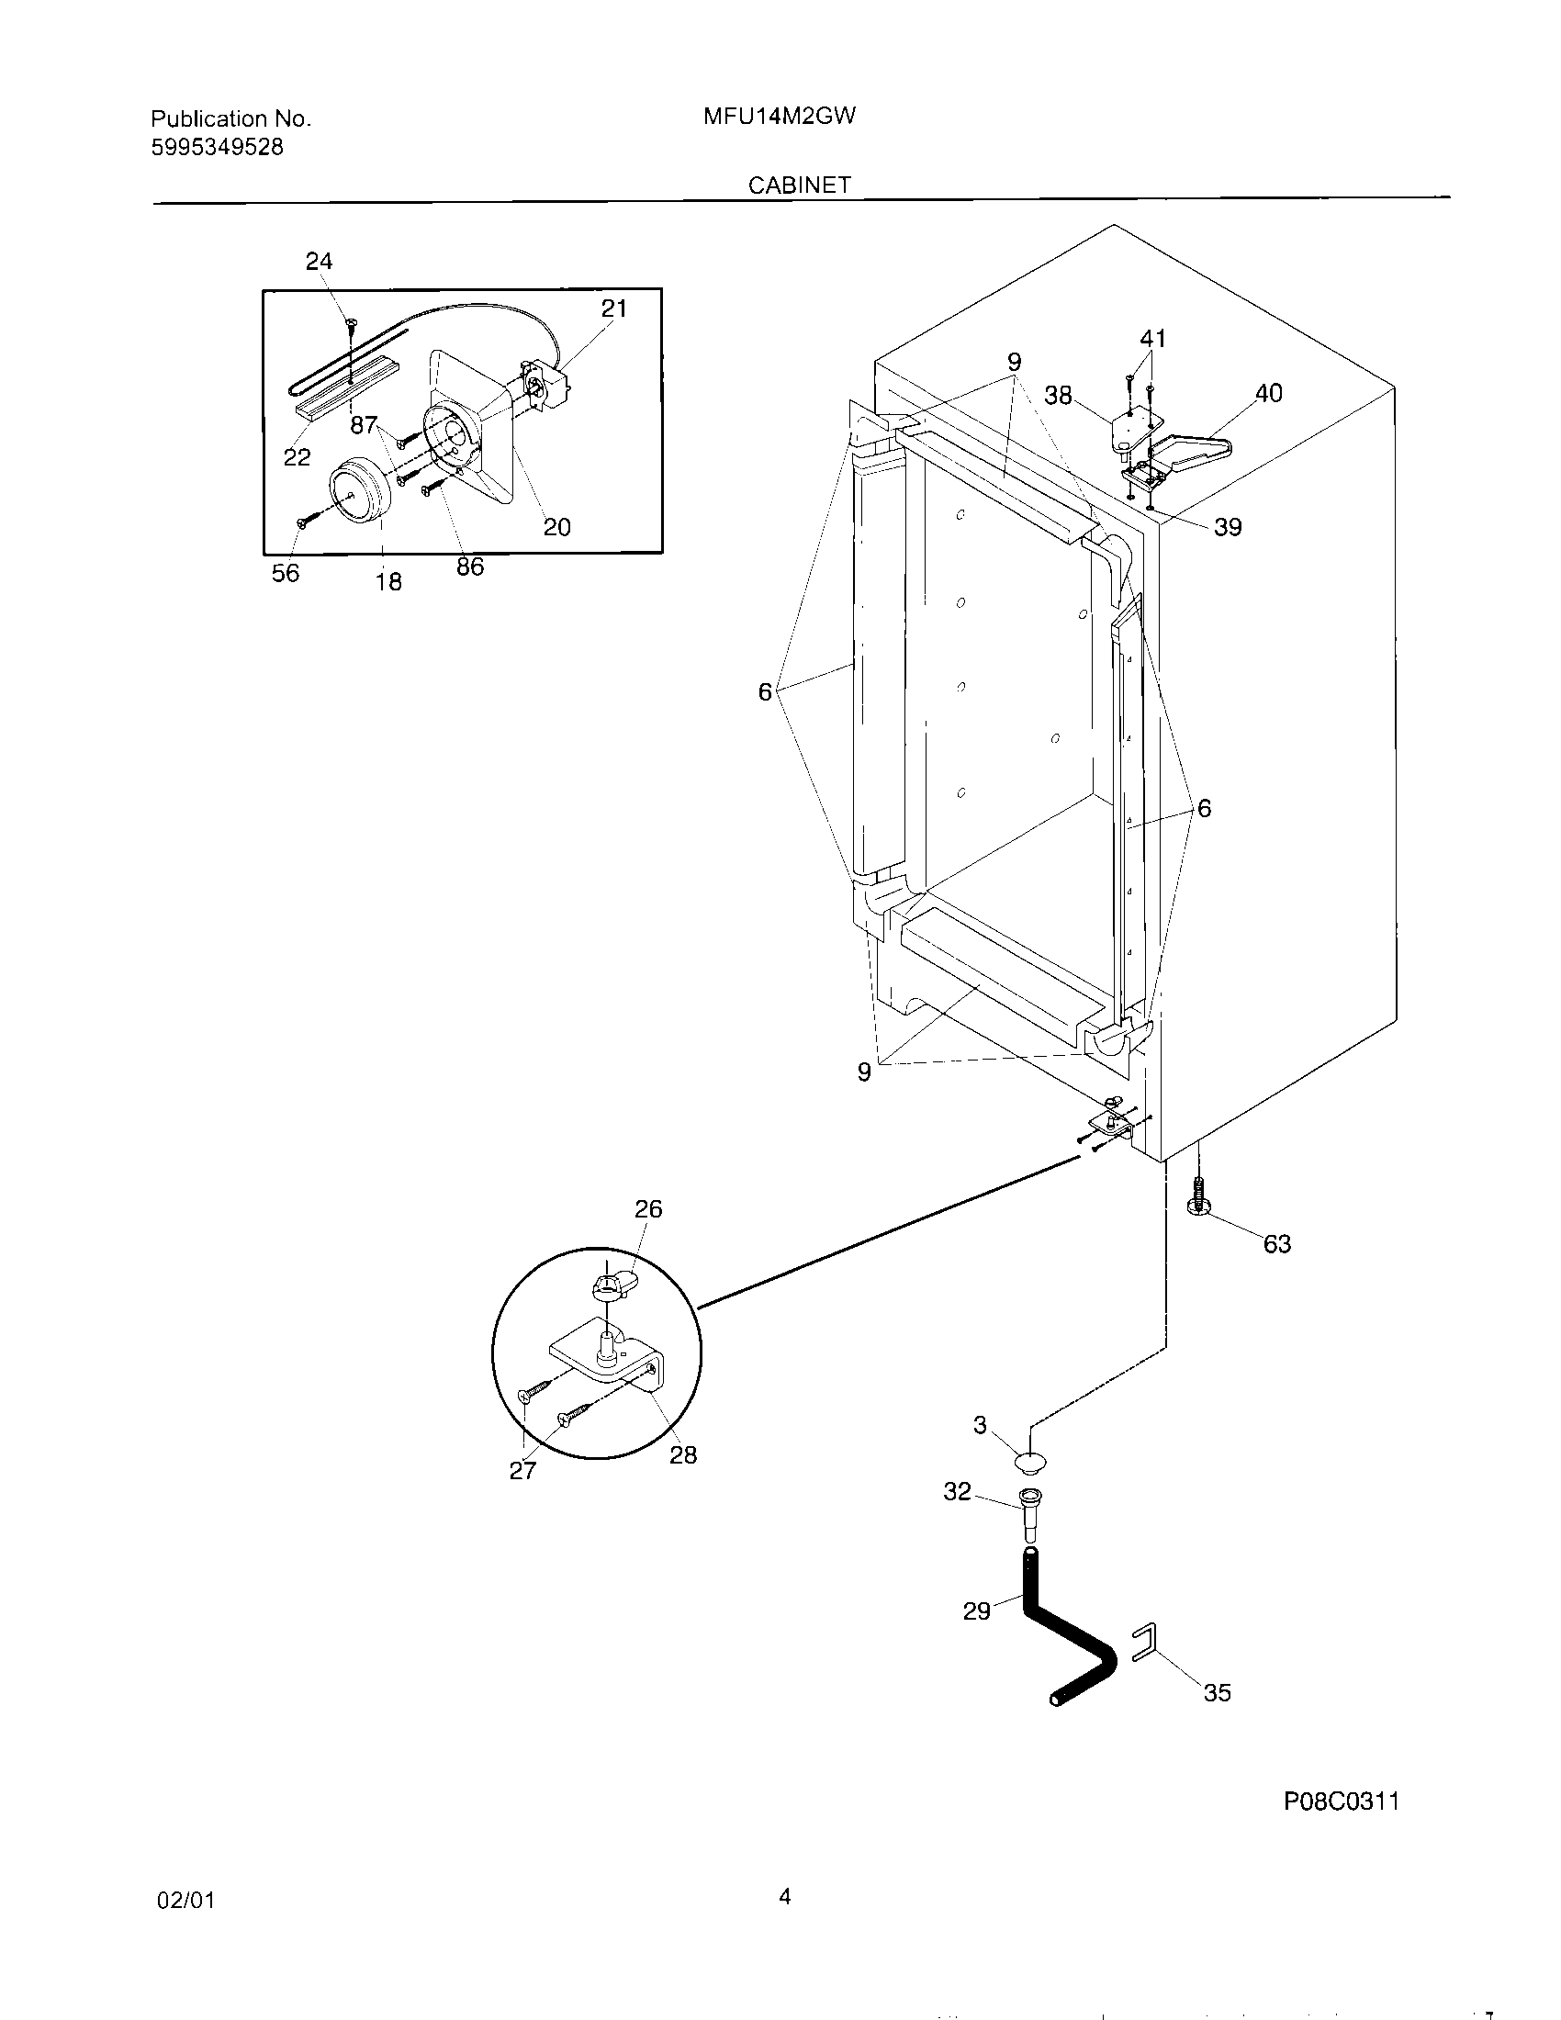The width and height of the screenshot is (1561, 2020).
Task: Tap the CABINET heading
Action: tap(799, 185)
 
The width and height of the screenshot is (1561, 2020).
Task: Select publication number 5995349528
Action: tap(218, 147)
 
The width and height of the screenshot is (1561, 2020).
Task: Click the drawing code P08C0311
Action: tap(1341, 1801)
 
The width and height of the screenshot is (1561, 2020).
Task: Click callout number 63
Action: tap(1276, 1244)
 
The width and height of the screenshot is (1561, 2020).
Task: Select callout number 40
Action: tap(1268, 393)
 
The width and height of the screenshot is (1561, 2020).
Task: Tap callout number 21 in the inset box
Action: tap(614, 308)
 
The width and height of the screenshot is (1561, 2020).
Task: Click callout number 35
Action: tap(1217, 1692)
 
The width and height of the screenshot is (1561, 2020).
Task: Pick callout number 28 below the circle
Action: tap(682, 1455)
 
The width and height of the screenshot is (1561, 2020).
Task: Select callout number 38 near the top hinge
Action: tap(1058, 396)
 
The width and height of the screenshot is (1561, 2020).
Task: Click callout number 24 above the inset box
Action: tap(319, 262)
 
